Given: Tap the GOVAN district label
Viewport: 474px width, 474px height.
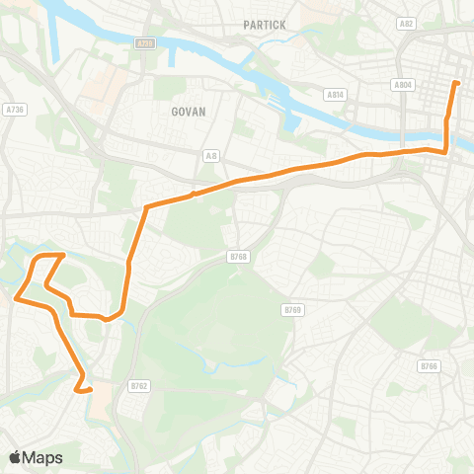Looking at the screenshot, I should pyautogui.click(x=187, y=112).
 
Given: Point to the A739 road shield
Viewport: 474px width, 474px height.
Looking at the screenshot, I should pyautogui.click(x=145, y=43).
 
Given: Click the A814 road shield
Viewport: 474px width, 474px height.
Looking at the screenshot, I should pyautogui.click(x=334, y=95).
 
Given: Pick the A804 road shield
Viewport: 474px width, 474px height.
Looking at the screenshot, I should pyautogui.click(x=402, y=86).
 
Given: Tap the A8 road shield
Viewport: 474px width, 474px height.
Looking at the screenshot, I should pyautogui.click(x=210, y=155).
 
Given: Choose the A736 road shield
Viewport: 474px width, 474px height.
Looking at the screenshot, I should pyautogui.click(x=13, y=110).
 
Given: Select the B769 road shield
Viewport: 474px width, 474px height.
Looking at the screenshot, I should pyautogui.click(x=291, y=310).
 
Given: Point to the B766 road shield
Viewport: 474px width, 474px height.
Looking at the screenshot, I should pyautogui.click(x=428, y=366).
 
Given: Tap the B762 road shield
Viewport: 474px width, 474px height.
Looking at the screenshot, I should pyautogui.click(x=139, y=386).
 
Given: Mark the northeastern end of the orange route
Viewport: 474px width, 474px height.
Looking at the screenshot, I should pyautogui.click(x=456, y=83).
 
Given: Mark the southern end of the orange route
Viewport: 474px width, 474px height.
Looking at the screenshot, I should pyautogui.click(x=90, y=390).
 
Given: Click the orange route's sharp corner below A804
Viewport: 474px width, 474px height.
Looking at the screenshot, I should pyautogui.click(x=446, y=151).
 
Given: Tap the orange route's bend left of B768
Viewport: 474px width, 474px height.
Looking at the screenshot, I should pyautogui.click(x=147, y=207).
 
